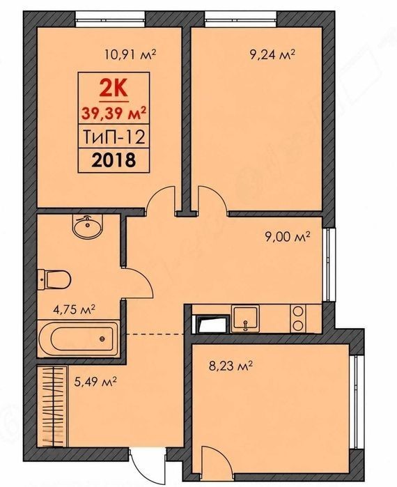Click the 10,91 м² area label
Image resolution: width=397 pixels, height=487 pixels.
pyautogui.click(x=130, y=55)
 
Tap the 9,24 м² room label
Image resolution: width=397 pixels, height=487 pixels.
pyautogui.click(x=272, y=55)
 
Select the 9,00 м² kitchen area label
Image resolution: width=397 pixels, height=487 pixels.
pyautogui.click(x=288, y=238)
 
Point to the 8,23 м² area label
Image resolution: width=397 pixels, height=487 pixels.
pyautogui.click(x=231, y=366)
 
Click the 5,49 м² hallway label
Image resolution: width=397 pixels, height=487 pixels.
pyautogui.click(x=95, y=382)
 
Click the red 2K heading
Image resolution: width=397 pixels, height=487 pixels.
pyautogui.click(x=114, y=88)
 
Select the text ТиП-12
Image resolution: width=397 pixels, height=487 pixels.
pyautogui.click(x=114, y=137)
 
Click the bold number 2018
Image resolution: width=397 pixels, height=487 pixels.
pyautogui.click(x=114, y=160)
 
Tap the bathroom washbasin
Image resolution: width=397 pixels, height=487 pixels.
pyautogui.click(x=88, y=226)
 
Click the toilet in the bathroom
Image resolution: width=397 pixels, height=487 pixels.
pyautogui.click(x=54, y=279)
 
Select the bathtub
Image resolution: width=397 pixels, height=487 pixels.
pyautogui.click(x=78, y=339)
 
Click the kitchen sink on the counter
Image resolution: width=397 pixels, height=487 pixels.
pyautogui.click(x=246, y=318)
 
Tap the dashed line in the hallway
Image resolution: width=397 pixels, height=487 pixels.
pyautogui.click(x=156, y=334)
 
